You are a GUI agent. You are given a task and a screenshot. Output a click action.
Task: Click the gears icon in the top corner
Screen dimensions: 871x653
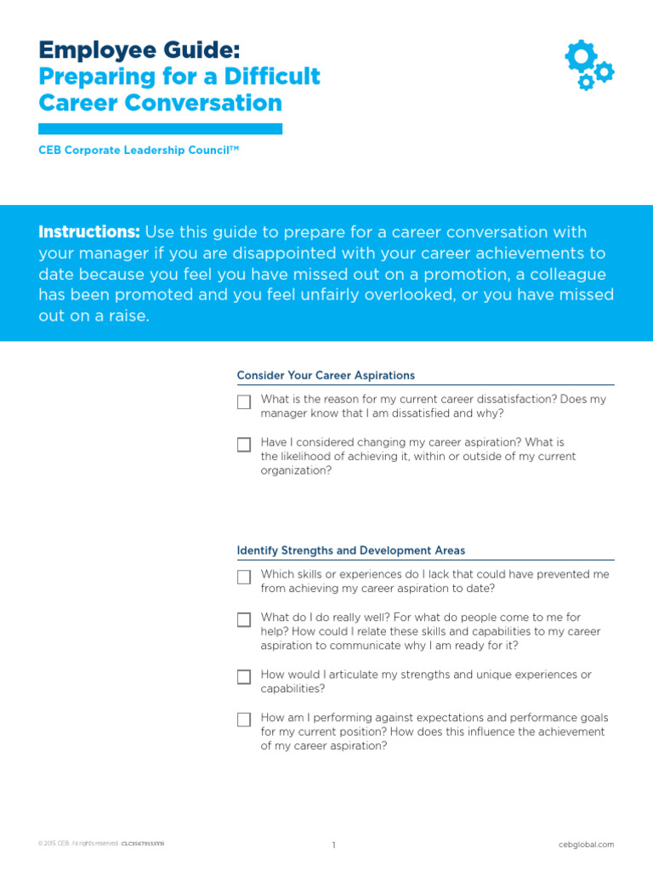(588, 65)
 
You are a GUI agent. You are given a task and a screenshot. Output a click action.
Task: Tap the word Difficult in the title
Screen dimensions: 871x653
(272, 77)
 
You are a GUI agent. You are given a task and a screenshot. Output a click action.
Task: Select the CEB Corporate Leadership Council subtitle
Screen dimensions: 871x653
(139, 150)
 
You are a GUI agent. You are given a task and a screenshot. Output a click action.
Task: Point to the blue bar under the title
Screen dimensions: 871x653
(160, 128)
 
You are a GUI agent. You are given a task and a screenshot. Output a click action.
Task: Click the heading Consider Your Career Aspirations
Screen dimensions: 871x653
(326, 375)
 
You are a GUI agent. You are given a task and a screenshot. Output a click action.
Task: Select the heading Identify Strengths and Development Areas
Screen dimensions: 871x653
(350, 550)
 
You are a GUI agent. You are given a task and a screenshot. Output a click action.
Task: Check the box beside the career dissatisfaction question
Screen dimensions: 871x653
(244, 401)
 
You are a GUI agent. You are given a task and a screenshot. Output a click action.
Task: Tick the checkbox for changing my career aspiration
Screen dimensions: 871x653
(244, 444)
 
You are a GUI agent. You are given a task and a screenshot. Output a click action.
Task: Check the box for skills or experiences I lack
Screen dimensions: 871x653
(244, 577)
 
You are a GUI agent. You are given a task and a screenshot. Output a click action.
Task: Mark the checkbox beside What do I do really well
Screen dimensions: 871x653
(244, 619)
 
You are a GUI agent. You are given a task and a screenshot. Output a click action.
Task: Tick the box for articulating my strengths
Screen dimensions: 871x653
(244, 677)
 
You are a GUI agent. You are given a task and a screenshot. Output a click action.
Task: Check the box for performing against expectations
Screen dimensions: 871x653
(244, 720)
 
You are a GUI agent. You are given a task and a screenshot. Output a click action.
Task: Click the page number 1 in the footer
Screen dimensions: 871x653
(334, 845)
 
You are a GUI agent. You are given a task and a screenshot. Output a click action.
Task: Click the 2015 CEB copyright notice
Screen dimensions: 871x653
(78, 844)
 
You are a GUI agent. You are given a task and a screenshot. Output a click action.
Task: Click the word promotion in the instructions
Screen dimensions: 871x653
(452, 274)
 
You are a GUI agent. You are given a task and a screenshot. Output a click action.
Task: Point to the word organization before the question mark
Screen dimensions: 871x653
(292, 470)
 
